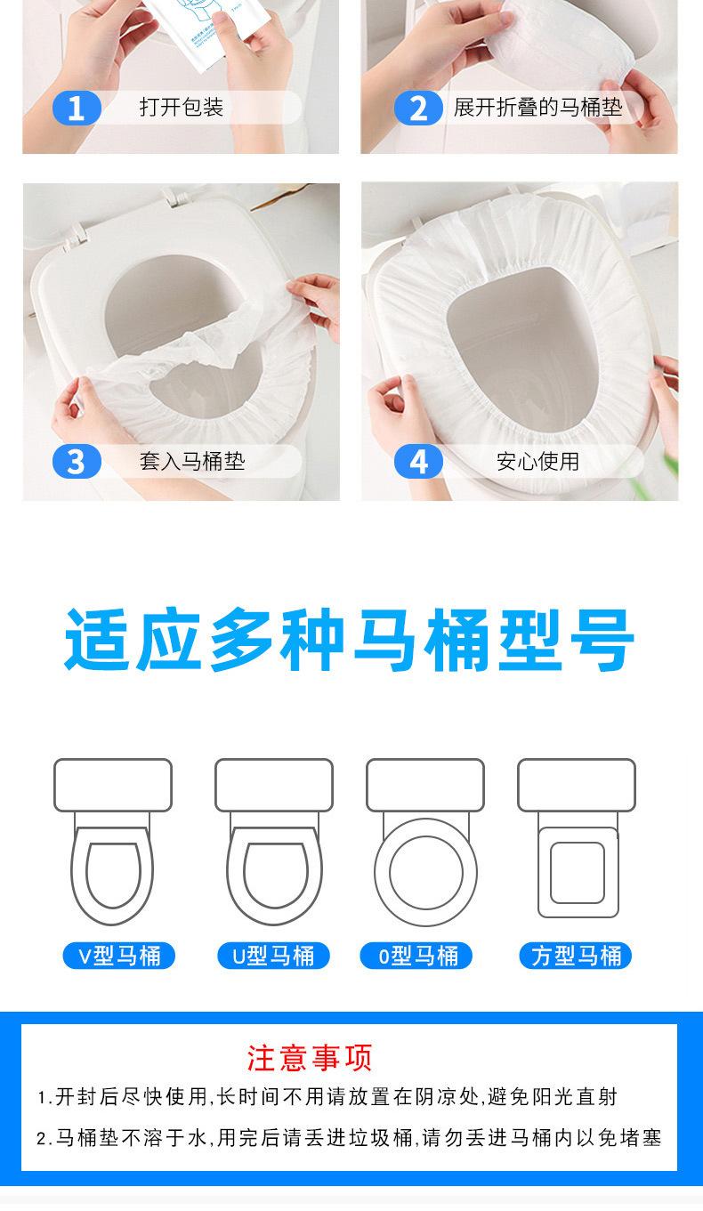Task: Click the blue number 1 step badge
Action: (x=77, y=108)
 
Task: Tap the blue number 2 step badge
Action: (x=418, y=108)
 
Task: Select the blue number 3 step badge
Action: (x=77, y=462)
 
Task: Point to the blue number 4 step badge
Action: (x=418, y=462)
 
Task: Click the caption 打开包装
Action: (x=182, y=107)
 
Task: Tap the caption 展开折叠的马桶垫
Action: (x=537, y=107)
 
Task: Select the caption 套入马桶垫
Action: (x=192, y=461)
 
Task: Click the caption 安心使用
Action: (x=537, y=461)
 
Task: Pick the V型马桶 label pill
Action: (x=119, y=956)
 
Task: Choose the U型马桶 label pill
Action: (x=273, y=956)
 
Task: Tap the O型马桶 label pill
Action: (x=416, y=956)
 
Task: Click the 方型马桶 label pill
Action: (x=576, y=956)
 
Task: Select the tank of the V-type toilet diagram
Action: (x=113, y=785)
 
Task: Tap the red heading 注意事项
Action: (x=310, y=1057)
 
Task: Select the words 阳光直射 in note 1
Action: (x=575, y=1097)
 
